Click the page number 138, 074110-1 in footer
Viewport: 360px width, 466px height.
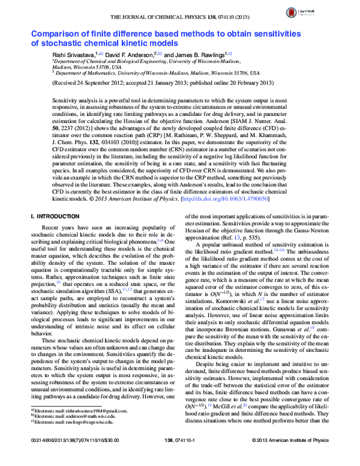click(180, 458)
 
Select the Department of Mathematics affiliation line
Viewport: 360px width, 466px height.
click(156, 71)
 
